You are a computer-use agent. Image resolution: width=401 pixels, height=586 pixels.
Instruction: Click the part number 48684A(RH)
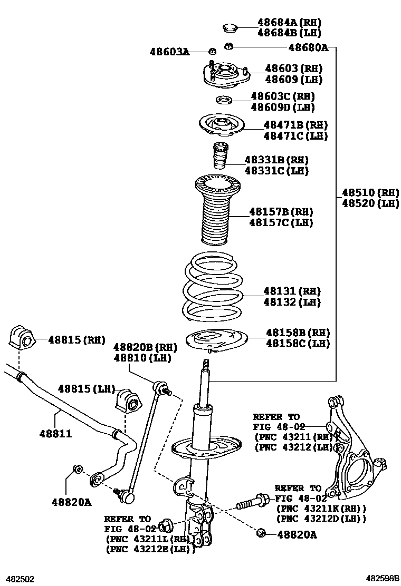tap(289, 22)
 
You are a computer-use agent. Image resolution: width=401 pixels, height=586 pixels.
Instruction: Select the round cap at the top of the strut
tap(229, 27)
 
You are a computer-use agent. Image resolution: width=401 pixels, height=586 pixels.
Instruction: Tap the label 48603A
tap(169, 52)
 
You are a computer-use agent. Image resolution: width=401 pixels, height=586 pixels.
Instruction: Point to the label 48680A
tap(308, 47)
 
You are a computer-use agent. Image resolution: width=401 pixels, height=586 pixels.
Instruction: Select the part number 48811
tap(55, 434)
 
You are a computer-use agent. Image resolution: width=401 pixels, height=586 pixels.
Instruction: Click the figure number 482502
tap(20, 579)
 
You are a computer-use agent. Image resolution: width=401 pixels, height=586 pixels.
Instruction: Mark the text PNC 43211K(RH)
tap(321, 509)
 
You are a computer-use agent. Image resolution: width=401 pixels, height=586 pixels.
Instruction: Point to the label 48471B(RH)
tap(295, 125)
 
